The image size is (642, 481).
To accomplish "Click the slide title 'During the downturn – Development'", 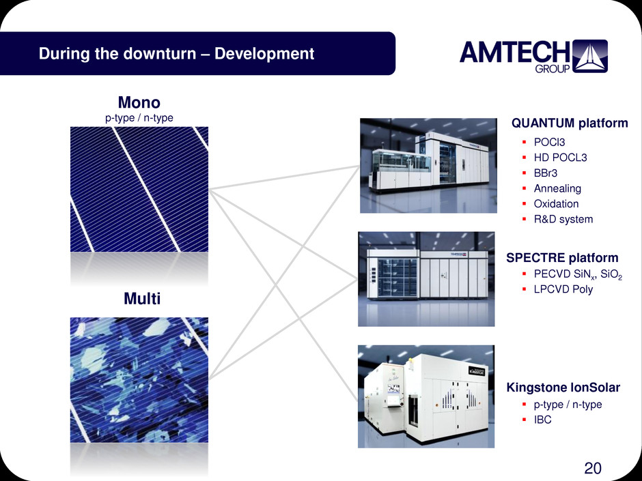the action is pos(176,54).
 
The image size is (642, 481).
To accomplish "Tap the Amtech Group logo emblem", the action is pos(589,56).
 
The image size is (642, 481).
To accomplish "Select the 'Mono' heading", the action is pos(139,102).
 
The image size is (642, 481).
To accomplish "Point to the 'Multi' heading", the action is pos(142,299).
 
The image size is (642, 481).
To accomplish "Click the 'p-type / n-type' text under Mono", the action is pos(139,118).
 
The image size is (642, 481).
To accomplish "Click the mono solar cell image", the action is pos(139,190).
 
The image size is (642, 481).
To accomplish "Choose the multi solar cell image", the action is pos(139,380).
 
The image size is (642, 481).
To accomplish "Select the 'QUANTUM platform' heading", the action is pos(570,123).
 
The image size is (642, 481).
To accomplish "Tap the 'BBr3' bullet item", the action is pos(546,173).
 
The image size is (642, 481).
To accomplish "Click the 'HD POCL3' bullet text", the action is pos(560,158).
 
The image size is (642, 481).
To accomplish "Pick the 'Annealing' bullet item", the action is pos(557,188).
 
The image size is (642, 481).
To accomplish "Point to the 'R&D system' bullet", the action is pos(563,219).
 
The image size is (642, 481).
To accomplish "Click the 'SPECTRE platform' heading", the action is pos(562,258).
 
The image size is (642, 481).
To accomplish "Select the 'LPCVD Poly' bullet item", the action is pos(563,289).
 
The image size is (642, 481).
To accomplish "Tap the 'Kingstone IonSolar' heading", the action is pos(563,388).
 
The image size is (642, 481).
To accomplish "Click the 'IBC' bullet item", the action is pos(542,420).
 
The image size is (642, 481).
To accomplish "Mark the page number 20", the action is pos(592,468).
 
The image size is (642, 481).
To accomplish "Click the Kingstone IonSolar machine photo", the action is pos(426,396).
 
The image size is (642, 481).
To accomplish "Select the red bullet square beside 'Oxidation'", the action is pos(524,204).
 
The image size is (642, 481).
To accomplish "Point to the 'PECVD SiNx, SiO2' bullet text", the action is pos(578,274).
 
